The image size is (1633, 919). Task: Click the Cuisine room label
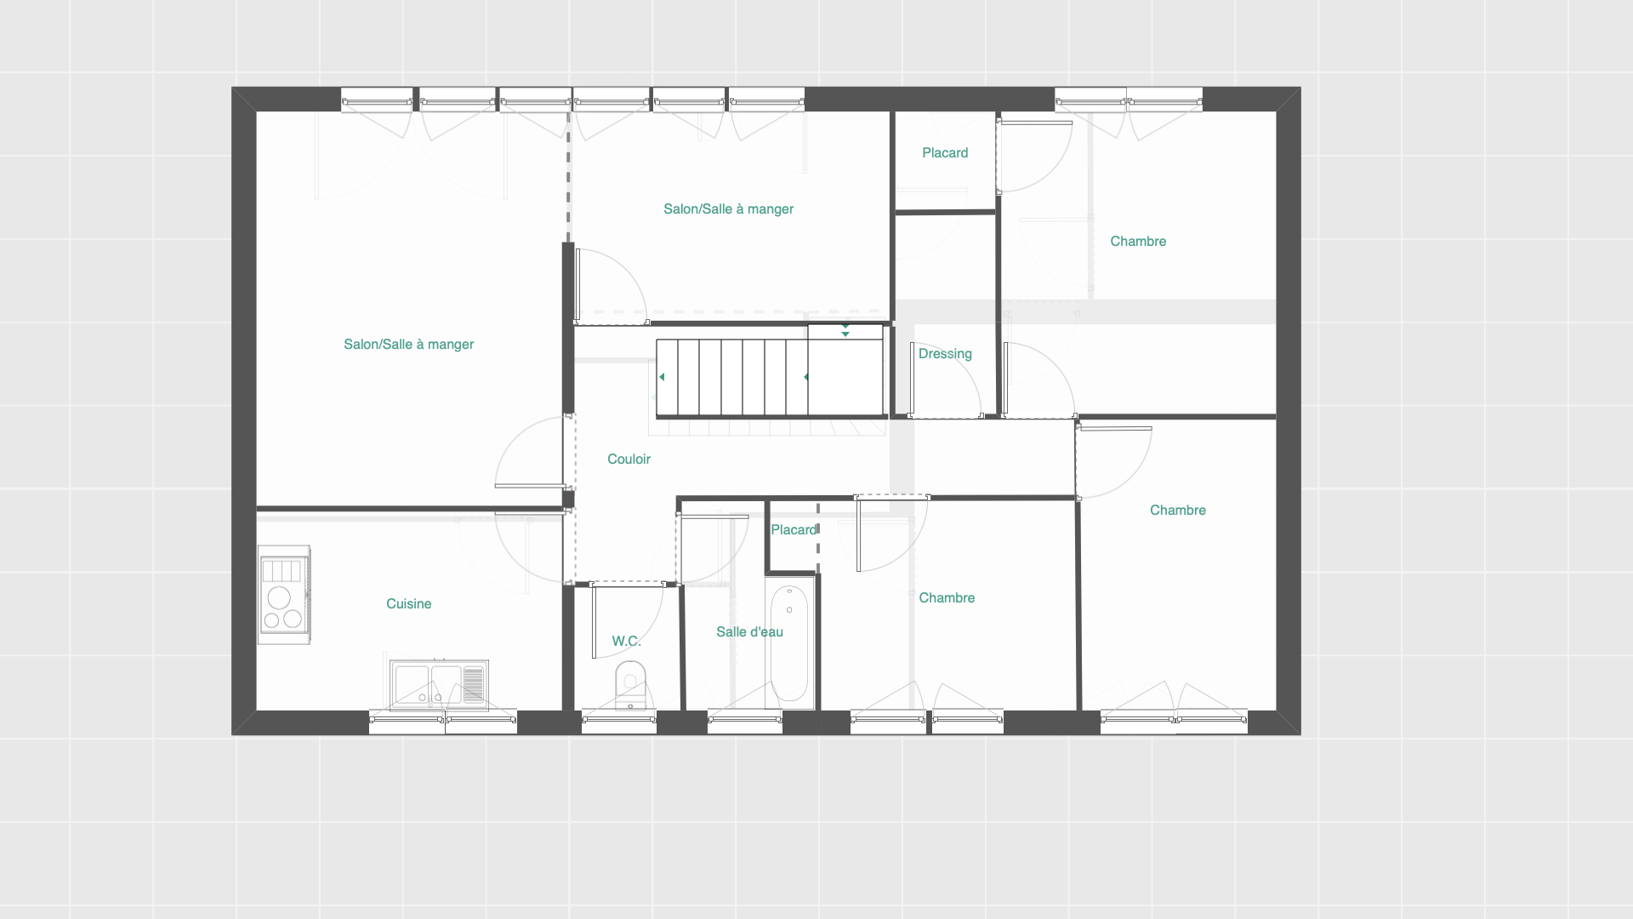click(x=408, y=603)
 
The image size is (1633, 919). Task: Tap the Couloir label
click(x=629, y=459)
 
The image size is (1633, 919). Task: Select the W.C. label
click(x=626, y=641)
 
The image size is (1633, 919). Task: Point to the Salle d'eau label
click(x=749, y=631)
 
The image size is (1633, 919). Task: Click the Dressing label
click(x=945, y=354)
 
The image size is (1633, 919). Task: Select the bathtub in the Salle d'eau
click(x=789, y=644)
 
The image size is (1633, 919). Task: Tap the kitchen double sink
click(x=439, y=684)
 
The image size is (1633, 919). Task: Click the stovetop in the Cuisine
click(x=284, y=595)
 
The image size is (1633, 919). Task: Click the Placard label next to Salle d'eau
click(x=794, y=530)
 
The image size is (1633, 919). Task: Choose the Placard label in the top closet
click(x=945, y=153)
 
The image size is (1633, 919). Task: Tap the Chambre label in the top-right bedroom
click(x=1138, y=242)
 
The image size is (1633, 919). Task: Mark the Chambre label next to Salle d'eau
click(x=947, y=598)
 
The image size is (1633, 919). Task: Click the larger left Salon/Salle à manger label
click(x=408, y=345)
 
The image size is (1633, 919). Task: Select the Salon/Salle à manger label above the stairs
click(x=728, y=209)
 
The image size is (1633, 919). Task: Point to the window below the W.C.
click(x=618, y=722)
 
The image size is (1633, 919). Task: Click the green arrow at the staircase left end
click(x=662, y=377)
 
